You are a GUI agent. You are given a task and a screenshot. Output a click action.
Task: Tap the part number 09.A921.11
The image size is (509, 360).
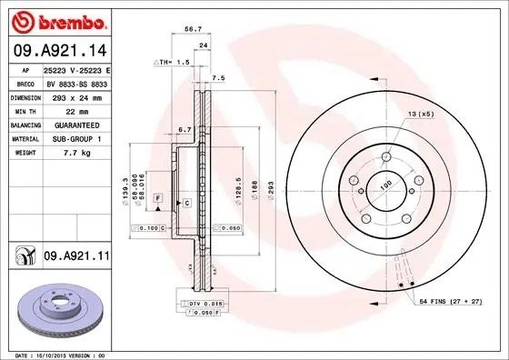click(76, 258)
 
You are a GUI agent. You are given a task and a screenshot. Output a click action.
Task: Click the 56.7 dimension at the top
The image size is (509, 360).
click(193, 29)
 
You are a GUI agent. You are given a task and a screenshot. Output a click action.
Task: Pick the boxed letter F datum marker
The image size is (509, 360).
click(157, 197)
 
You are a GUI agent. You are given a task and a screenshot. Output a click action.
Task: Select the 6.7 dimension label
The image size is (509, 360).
click(185, 130)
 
